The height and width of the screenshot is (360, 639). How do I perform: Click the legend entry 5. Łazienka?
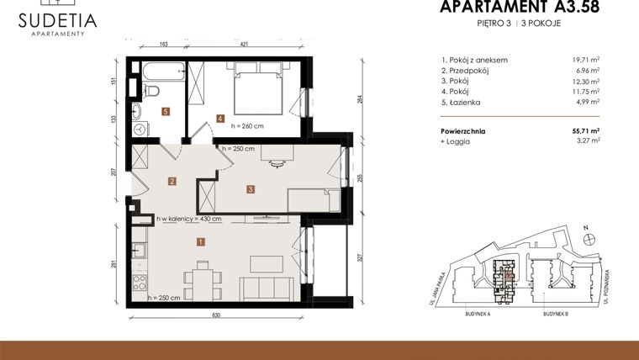click(x=462, y=101)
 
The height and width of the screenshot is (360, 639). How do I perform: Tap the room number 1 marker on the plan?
click(x=200, y=242)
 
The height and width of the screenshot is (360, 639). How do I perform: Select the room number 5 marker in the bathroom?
click(x=166, y=111)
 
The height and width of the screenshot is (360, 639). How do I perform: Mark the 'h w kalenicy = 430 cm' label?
click(x=189, y=220)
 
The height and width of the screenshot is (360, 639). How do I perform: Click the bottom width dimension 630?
click(x=216, y=316)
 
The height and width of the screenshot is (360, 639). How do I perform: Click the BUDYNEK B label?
click(x=556, y=313)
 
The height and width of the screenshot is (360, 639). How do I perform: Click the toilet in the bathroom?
click(x=153, y=90)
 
